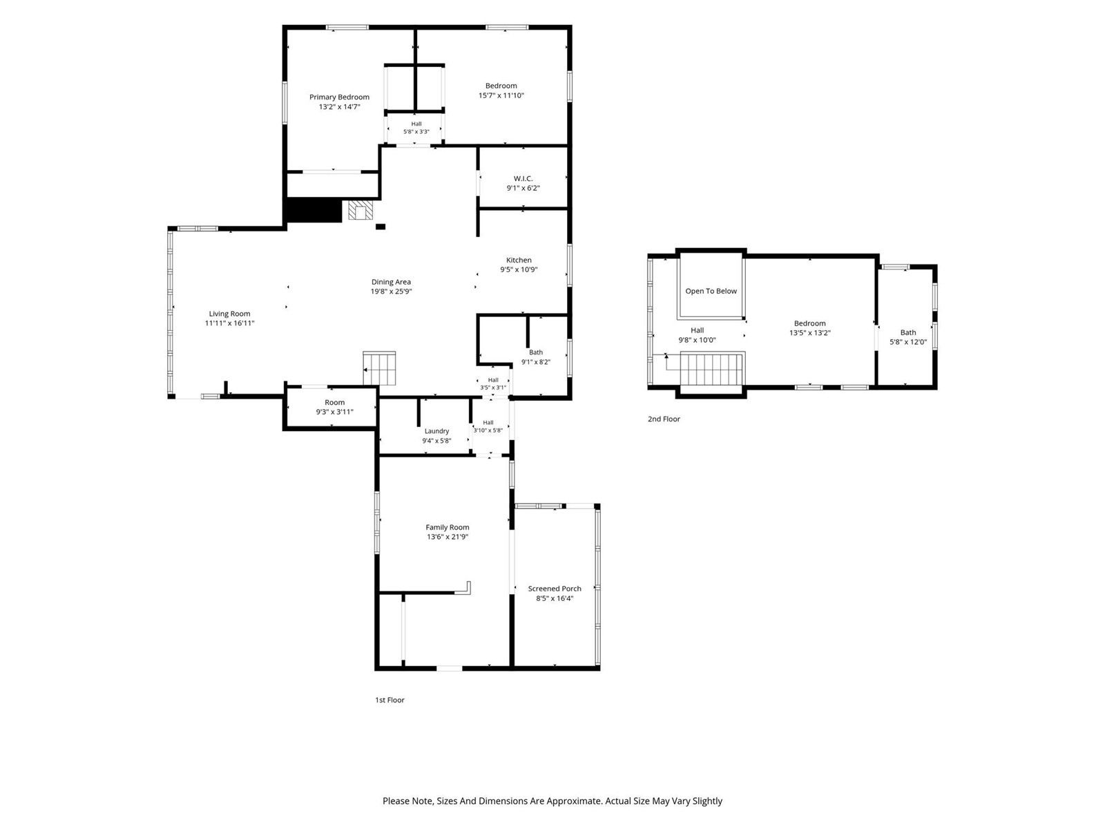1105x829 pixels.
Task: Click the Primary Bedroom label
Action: coord(339,97)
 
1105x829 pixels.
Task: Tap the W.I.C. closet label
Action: coord(523,179)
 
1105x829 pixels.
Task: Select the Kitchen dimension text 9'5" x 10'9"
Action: coord(519,270)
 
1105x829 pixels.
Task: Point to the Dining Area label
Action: coord(391,282)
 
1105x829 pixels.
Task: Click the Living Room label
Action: coord(229,314)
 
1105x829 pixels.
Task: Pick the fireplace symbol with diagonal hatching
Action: coord(360,210)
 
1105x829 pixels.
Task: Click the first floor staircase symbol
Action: coord(379,368)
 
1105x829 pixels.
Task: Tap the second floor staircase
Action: coord(712,370)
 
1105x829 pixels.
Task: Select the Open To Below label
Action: coord(711,291)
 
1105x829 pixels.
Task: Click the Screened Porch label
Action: coord(555,589)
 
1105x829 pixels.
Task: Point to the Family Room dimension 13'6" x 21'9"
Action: coord(447,537)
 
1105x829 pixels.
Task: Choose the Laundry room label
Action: coord(436,431)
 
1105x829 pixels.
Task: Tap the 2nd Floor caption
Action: coord(664,419)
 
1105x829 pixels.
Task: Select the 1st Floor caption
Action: coord(390,700)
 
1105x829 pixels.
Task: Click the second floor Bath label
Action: coord(907,332)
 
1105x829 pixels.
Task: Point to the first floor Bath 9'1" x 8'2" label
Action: coord(536,357)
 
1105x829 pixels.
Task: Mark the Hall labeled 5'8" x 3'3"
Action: coord(416,128)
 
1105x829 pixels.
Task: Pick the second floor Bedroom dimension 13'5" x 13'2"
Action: coord(809,333)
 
